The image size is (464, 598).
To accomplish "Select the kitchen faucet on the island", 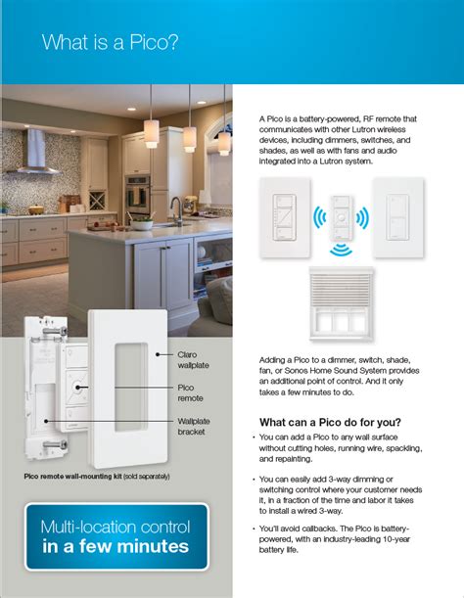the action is pyautogui.click(x=175, y=208).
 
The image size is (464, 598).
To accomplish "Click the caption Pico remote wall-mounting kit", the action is pyautogui.click(x=77, y=477).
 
